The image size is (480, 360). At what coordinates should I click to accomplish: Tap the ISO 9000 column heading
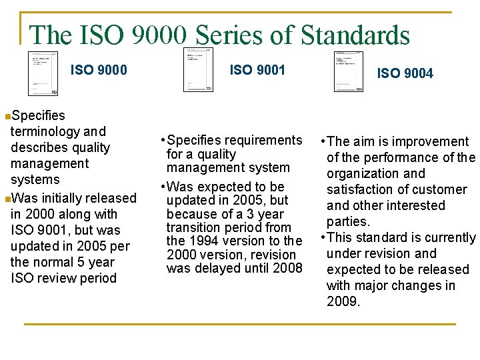pos(99,70)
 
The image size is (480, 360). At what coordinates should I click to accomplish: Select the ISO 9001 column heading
pos(257,69)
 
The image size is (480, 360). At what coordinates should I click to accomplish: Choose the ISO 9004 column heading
pos(405,73)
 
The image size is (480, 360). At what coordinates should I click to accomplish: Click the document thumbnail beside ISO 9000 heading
pos(43,73)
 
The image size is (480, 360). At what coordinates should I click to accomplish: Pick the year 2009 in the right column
pos(343,301)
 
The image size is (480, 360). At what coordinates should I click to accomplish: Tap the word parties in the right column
pos(347,221)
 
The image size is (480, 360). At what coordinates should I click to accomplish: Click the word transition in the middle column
pos(193,227)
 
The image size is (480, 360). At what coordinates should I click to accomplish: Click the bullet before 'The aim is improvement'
pos(323,142)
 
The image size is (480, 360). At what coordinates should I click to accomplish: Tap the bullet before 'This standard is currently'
pos(323,238)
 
